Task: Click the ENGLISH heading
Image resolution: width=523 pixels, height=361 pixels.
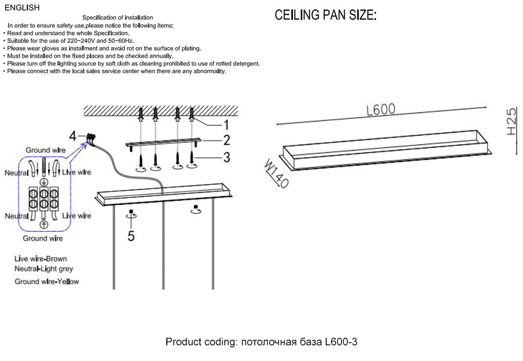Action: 22,7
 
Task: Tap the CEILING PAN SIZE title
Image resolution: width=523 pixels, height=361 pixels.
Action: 326,16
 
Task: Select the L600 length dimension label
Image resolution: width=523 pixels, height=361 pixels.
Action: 381,109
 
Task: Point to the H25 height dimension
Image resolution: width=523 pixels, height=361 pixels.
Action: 511,122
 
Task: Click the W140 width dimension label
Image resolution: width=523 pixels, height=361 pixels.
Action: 277,174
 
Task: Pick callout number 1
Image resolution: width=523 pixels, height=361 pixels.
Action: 226,125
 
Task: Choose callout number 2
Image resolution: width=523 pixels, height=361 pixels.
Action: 226,140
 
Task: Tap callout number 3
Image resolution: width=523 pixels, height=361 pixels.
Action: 226,156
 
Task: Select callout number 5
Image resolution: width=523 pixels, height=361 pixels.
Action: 131,236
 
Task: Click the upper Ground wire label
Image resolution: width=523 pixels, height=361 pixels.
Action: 46,150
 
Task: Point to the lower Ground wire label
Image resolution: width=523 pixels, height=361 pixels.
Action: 43,239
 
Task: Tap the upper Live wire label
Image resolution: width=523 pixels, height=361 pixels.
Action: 76,172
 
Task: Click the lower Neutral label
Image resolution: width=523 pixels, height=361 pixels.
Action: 17,216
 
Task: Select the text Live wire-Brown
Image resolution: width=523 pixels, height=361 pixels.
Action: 41,258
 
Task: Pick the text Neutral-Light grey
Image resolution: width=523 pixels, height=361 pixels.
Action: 44,269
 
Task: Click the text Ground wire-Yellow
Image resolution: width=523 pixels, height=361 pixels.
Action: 47,281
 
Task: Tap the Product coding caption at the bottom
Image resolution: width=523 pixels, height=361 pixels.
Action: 261,342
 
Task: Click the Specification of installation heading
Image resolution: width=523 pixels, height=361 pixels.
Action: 121,18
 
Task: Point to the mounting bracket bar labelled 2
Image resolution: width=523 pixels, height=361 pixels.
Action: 162,143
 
